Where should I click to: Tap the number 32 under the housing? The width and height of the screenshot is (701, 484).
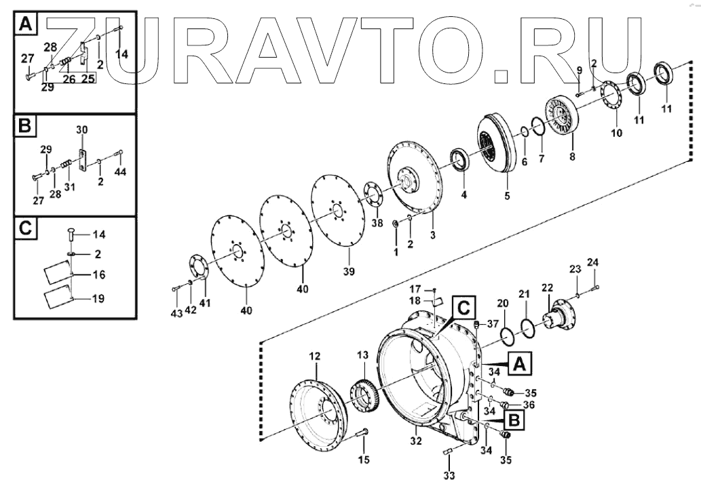[416, 441]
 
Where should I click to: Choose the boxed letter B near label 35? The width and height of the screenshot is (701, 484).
[515, 420]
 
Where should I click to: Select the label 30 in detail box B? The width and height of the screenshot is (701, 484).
[81, 129]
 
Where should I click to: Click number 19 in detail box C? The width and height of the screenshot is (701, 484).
[99, 298]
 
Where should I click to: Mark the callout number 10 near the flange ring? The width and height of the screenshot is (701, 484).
[615, 133]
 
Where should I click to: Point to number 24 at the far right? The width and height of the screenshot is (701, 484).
[592, 262]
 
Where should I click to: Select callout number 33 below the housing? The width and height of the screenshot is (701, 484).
[449, 476]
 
